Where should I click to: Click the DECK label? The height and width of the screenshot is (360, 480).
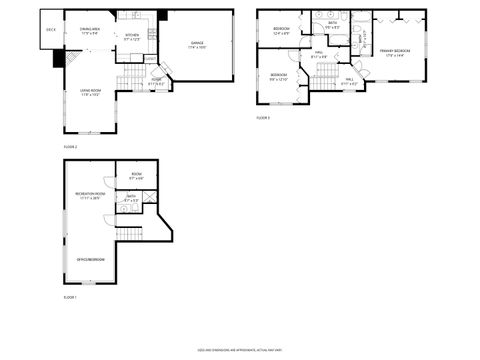coord(51,30)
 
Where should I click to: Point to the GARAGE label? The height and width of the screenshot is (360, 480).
coord(197,45)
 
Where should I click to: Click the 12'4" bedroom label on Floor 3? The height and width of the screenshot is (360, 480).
coord(281,30)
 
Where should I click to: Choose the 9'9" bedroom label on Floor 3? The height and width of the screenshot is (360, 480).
coord(277,77)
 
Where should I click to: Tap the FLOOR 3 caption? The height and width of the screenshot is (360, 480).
coord(262,118)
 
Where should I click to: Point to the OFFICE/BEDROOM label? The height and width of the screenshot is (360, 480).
coord(90,260)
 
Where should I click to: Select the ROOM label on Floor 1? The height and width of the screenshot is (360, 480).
coord(136,176)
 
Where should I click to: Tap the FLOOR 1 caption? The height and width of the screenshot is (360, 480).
coord(70,298)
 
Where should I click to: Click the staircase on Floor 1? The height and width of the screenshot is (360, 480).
coord(130,233)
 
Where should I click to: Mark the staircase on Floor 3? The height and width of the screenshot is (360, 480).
coord(321,83)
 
